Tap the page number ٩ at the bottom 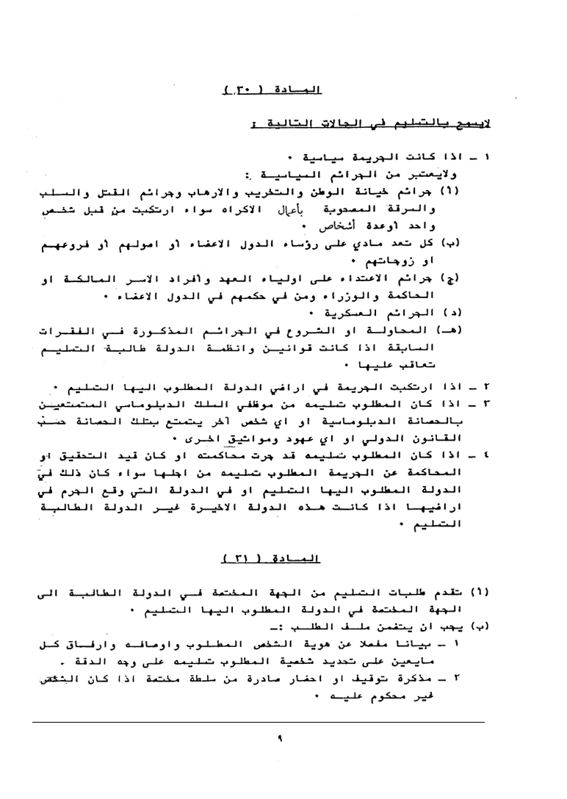[x=281, y=740]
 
